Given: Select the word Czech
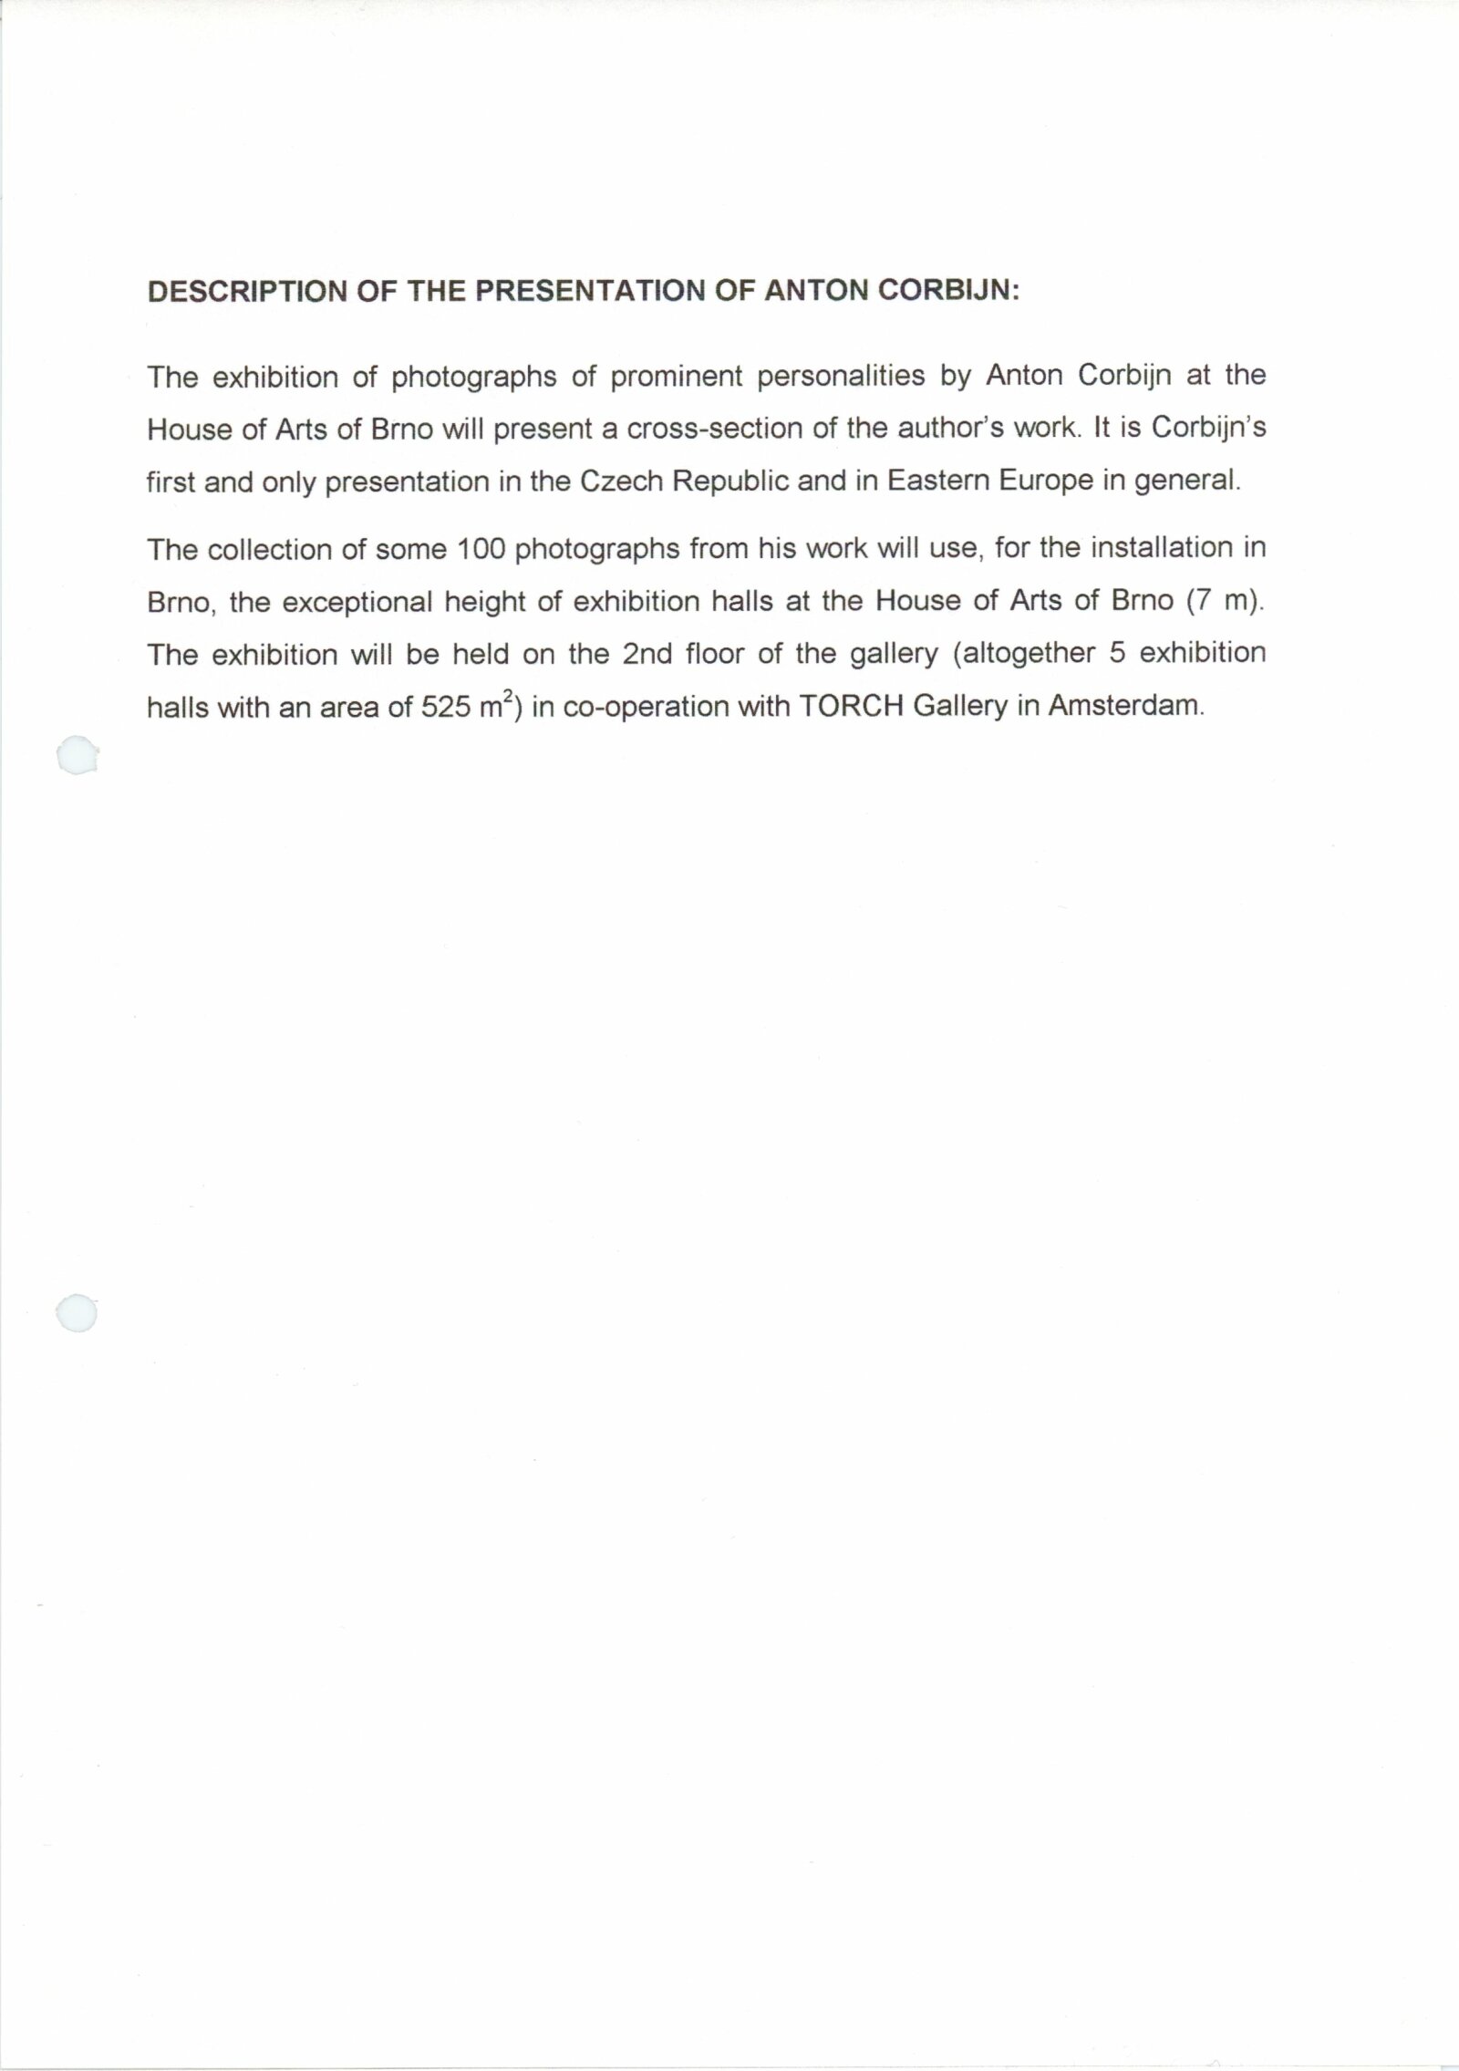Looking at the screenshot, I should (621, 482).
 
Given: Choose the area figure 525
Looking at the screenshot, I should (445, 708).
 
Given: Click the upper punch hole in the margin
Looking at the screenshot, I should (77, 756).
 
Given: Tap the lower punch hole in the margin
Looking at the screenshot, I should (76, 1314).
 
